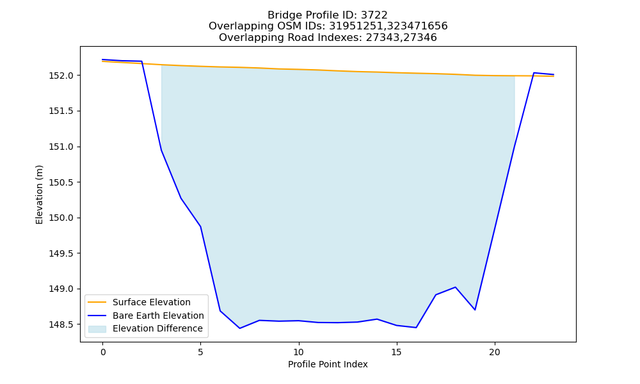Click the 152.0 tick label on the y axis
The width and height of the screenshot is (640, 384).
(x=61, y=76)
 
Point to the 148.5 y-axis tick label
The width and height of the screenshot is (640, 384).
(x=61, y=325)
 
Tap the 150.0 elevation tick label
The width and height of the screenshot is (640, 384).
(x=61, y=218)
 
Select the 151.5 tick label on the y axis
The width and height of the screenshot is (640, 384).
(x=61, y=111)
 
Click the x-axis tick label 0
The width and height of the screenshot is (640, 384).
(x=103, y=352)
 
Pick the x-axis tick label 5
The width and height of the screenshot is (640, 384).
(x=200, y=352)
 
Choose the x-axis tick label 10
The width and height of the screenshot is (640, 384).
(x=299, y=352)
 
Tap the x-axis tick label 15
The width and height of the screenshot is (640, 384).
(x=397, y=352)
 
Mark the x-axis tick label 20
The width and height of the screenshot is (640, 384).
(x=495, y=352)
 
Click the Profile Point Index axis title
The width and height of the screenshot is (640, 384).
(x=328, y=364)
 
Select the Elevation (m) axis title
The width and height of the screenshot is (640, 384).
(x=39, y=195)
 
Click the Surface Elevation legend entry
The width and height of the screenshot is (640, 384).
(x=152, y=302)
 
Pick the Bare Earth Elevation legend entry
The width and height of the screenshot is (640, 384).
(x=158, y=316)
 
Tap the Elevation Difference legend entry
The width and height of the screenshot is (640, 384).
(x=157, y=328)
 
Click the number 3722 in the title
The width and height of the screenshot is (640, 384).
(x=374, y=15)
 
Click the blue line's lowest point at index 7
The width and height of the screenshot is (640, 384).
(x=239, y=328)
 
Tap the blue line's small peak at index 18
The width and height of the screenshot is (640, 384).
(x=455, y=287)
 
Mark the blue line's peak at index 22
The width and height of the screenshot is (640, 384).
(x=534, y=73)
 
